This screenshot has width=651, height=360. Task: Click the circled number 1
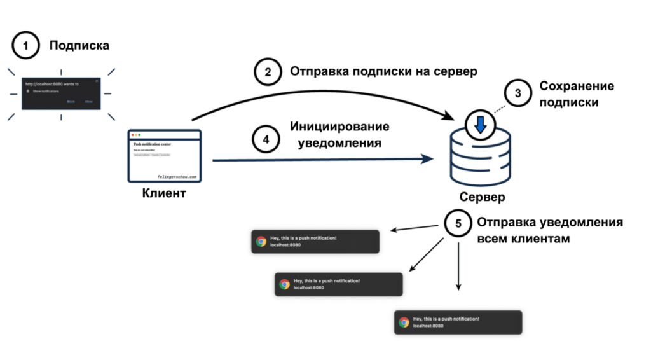pos(26,46)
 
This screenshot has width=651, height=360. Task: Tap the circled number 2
pos(268,72)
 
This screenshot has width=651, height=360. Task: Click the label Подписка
pos(79,46)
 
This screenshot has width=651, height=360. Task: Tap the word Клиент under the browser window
pos(164,193)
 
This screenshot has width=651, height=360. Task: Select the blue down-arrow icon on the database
pos(481,125)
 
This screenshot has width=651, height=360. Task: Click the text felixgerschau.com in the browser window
pos(177,177)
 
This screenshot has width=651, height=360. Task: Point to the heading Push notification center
pos(152,145)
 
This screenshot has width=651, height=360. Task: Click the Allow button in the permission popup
pos(89,101)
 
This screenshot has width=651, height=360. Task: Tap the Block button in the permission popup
pos(71,101)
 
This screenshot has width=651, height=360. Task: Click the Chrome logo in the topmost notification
pos(261,242)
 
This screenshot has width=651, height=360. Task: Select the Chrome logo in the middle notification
pos(285,284)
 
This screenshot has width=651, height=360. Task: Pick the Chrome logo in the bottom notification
pos(404,322)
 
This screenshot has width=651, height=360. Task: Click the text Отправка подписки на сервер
pos(383,71)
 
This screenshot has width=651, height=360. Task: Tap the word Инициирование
pos(339,127)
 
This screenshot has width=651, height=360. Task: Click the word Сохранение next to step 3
pos(577,87)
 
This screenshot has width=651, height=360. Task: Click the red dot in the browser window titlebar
pos(132,135)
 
